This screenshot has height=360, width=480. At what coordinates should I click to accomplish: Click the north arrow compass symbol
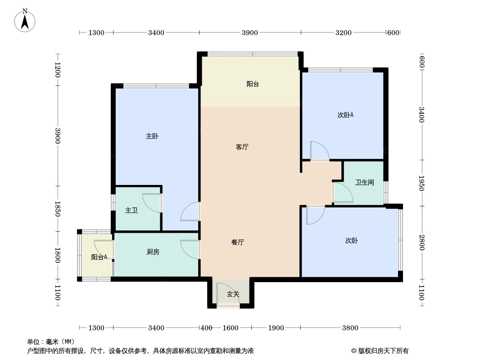pyautogui.click(x=25, y=20)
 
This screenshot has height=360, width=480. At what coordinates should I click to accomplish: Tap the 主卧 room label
pyautogui.click(x=152, y=136)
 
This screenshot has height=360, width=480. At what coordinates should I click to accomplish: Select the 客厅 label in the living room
pyautogui.click(x=242, y=147)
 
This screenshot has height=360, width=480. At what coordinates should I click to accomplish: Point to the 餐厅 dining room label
pyautogui.click(x=238, y=243)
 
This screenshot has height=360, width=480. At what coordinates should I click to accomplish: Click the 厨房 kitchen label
pyautogui.click(x=153, y=252)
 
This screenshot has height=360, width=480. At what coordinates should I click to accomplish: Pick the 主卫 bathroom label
pyautogui.click(x=131, y=210)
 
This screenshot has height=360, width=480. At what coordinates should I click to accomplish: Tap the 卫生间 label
pyautogui.click(x=364, y=183)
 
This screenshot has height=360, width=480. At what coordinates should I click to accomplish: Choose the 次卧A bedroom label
pyautogui.click(x=345, y=115)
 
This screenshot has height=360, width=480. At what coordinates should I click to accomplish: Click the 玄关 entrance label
pyautogui.click(x=233, y=294)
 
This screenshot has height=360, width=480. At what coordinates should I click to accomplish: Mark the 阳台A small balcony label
pyautogui.click(x=99, y=257)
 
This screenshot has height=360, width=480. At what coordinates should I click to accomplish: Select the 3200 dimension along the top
pyautogui.click(x=343, y=32)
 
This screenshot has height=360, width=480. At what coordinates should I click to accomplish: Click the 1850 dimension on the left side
pyautogui.click(x=58, y=209)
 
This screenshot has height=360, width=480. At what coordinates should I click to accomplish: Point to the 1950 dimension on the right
pyautogui.click(x=421, y=183)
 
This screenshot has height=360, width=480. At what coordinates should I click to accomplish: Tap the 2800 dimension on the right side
pyautogui.click(x=421, y=243)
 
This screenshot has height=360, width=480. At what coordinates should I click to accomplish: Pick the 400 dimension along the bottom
pyautogui.click(x=206, y=328)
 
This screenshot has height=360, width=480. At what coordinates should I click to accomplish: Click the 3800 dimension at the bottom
pyautogui.click(x=350, y=328)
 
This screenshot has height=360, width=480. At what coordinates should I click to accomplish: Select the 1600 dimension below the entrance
pyautogui.click(x=231, y=328)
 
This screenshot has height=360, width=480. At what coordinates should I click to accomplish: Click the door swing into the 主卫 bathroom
pyautogui.click(x=152, y=202)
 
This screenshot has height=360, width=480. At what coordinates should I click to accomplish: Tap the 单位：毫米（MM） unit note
pyautogui.click(x=51, y=342)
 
